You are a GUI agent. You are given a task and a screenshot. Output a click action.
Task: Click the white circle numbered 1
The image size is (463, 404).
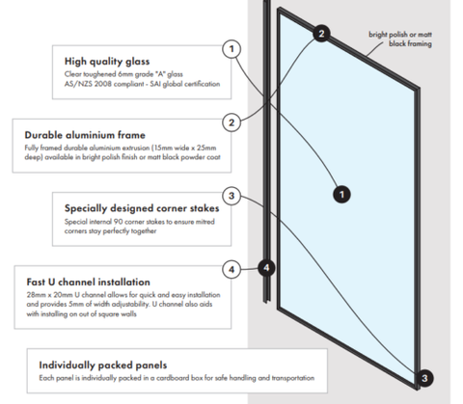click(231, 49)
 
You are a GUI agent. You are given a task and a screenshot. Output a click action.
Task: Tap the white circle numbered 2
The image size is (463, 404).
click(231, 122)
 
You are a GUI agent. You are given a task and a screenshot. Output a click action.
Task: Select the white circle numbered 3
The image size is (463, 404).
click(231, 196)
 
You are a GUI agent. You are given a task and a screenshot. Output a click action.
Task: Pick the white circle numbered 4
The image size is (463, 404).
click(231, 269)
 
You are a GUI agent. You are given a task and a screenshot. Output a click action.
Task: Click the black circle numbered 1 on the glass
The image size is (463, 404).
click(341, 195)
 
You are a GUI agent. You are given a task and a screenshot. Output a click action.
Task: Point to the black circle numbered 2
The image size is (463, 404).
click(321, 34)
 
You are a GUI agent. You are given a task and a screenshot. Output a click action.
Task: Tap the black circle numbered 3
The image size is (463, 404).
click(424, 378)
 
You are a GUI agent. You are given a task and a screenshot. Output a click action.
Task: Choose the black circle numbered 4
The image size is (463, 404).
click(266, 268)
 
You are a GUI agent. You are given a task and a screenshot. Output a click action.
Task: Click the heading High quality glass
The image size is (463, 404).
click(107, 62)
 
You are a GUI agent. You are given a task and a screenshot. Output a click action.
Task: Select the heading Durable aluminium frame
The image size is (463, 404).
click(85, 135)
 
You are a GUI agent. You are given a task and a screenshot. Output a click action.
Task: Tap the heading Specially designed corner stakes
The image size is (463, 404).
click(142, 208)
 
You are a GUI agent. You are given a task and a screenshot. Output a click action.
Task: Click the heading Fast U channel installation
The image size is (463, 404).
click(88, 282)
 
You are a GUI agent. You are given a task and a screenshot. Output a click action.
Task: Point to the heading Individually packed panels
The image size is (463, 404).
click(103, 365)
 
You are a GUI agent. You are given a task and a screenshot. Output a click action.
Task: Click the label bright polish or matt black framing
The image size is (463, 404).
click(400, 39)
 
